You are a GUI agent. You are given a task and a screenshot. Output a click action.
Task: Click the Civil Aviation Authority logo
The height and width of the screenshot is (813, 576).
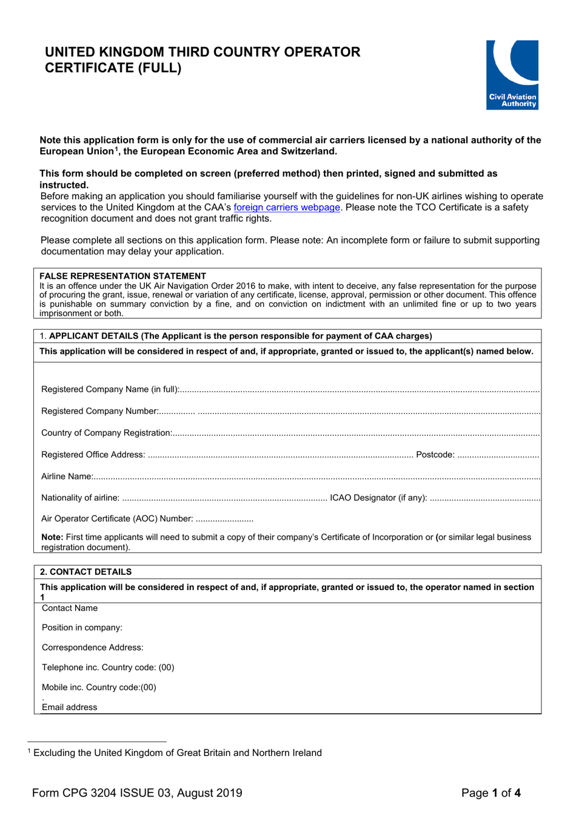tap(512, 75)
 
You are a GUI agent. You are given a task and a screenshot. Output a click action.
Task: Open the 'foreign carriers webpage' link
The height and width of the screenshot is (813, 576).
tap(286, 207)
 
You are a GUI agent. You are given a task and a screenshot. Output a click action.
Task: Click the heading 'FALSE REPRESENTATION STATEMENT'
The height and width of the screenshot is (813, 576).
tap(122, 276)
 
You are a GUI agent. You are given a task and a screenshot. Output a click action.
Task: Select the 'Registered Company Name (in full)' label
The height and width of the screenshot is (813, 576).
tap(110, 389)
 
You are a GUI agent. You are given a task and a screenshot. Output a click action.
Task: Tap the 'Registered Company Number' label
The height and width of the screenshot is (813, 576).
tap(99, 411)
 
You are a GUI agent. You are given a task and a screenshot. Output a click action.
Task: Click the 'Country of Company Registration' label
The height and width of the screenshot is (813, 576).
tap(106, 433)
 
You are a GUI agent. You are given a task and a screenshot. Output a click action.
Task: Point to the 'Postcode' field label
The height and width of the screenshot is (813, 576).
tap(435, 454)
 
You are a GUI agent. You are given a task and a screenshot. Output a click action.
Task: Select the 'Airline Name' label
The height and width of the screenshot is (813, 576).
tap(67, 476)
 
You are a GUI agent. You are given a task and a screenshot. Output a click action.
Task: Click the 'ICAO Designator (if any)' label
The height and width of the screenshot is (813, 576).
tap(378, 497)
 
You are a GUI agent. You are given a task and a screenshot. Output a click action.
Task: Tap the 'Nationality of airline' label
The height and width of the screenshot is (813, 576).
tap(80, 497)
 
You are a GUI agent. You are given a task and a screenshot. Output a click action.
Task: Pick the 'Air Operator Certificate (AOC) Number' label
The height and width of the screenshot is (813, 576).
tap(116, 519)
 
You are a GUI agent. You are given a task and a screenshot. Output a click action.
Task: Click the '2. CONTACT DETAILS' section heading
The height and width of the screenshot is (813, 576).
tap(85, 571)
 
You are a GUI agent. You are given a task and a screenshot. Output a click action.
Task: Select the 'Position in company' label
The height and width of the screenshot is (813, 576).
tap(82, 628)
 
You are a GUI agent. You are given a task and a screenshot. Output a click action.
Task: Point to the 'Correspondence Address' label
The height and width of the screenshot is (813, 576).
tap(92, 648)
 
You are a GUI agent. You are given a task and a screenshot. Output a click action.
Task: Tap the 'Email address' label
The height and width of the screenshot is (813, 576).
tap(69, 707)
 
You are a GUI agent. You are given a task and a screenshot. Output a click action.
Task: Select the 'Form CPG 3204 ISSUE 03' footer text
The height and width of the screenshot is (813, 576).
tap(137, 792)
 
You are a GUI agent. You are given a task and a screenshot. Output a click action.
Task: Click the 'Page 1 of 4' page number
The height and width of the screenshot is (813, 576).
tap(491, 792)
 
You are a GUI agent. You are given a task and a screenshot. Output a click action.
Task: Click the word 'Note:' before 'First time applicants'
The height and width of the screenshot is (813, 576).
tap(52, 537)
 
